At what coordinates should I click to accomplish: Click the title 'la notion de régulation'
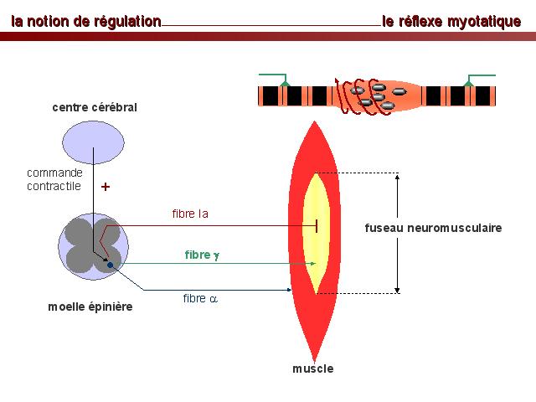[85, 21]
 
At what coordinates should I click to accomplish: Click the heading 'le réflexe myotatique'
[451, 21]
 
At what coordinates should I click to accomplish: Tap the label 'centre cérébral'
[94, 107]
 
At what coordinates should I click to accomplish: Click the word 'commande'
[54, 173]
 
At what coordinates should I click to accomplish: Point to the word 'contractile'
[54, 186]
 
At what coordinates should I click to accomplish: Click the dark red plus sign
[106, 188]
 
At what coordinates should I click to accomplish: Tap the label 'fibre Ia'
[189, 214]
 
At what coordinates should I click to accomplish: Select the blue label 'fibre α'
[200, 298]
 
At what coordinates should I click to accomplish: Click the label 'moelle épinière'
[90, 307]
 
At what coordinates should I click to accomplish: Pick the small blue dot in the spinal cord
[109, 265]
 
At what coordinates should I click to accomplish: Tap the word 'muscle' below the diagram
[313, 368]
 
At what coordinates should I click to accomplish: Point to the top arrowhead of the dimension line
[398, 177]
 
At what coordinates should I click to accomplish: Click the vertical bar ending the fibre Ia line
[317, 224]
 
